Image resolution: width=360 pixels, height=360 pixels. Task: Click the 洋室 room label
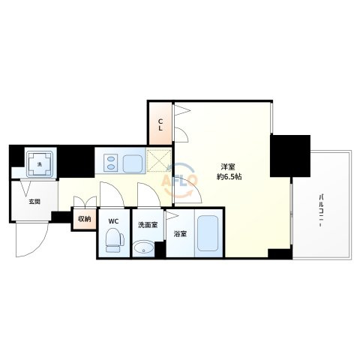[228, 166]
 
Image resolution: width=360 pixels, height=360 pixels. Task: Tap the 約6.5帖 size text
[229, 177]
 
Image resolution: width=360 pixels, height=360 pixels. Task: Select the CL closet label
[160, 125]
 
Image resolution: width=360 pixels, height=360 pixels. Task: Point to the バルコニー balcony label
[320, 210]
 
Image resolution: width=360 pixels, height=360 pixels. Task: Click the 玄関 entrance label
[34, 202]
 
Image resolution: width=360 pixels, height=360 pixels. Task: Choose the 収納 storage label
[85, 219]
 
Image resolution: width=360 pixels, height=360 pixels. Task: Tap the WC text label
[113, 221]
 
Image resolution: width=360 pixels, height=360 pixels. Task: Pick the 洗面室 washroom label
[148, 225]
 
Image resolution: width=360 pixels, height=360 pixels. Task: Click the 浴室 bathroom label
[181, 234]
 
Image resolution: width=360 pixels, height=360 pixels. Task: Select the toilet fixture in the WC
[115, 241]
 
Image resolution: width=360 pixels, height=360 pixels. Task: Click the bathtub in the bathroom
[208, 233]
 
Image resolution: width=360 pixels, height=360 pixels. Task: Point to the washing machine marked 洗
[40, 163]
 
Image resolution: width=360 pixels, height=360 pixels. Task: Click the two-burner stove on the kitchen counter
[110, 163]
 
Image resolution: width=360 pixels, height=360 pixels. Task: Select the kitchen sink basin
[133, 164]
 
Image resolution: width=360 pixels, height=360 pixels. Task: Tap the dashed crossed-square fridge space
[159, 160]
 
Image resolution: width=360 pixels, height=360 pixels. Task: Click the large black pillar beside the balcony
[290, 156]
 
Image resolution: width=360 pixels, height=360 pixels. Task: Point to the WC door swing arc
[115, 192]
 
